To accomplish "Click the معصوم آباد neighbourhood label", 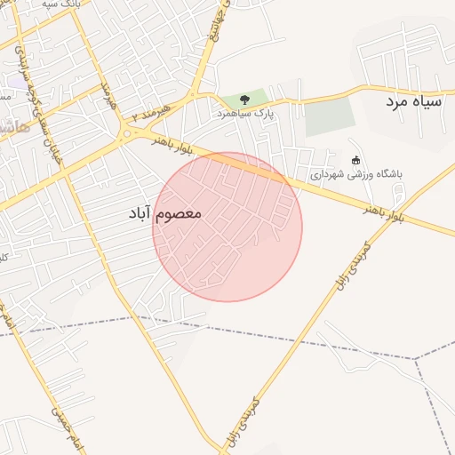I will click(166, 213).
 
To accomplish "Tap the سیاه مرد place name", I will click(413, 102).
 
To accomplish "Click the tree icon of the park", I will click(244, 100).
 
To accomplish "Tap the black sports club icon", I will click(356, 161).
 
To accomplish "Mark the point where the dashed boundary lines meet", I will click(415, 359).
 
